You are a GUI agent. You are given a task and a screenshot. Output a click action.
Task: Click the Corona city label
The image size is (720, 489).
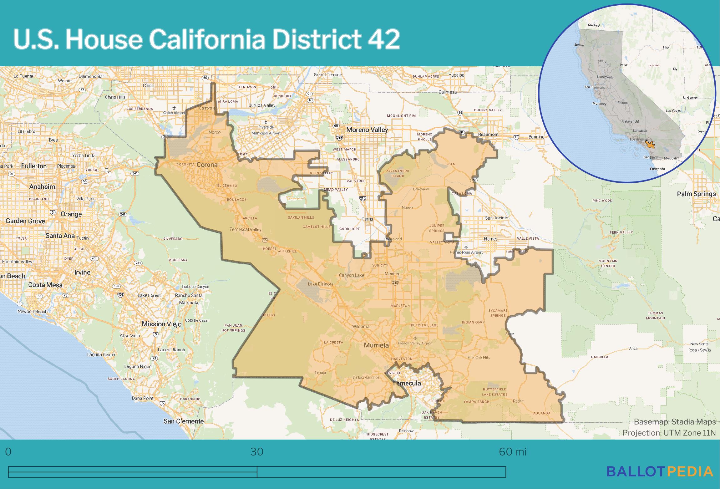point(207,165)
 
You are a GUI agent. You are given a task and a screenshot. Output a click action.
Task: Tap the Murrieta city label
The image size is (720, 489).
point(376,345)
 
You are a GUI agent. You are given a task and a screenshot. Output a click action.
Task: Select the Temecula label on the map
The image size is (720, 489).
point(406,383)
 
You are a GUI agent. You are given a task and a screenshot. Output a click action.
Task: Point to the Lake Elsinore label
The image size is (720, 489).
point(321,284)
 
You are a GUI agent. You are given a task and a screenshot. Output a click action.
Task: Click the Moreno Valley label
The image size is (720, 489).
point(367,130)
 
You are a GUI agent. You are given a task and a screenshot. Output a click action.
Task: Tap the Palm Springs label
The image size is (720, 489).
point(696,194)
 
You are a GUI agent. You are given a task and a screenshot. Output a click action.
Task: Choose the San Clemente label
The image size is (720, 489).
point(183,421)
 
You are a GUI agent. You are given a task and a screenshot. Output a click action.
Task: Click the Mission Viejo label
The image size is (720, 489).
point(162,324)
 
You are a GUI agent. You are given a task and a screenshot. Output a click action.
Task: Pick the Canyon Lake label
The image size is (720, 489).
point(352,275)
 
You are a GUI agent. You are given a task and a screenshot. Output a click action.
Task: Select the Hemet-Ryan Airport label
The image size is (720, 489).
point(466,252)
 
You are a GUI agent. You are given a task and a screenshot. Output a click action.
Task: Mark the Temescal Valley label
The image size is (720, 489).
point(245,229)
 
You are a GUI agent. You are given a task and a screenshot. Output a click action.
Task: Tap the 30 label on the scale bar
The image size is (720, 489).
point(257,452)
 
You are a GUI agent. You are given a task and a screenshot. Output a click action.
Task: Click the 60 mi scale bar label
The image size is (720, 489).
point(513,452)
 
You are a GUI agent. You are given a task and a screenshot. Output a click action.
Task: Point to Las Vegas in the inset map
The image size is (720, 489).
point(673,111)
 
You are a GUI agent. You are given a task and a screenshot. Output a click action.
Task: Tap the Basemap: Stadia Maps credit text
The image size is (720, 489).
point(675,422)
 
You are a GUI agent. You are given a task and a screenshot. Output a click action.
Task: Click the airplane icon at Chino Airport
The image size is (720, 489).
point(174,108)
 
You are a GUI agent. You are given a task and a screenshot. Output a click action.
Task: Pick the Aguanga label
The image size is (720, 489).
point(541,413)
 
